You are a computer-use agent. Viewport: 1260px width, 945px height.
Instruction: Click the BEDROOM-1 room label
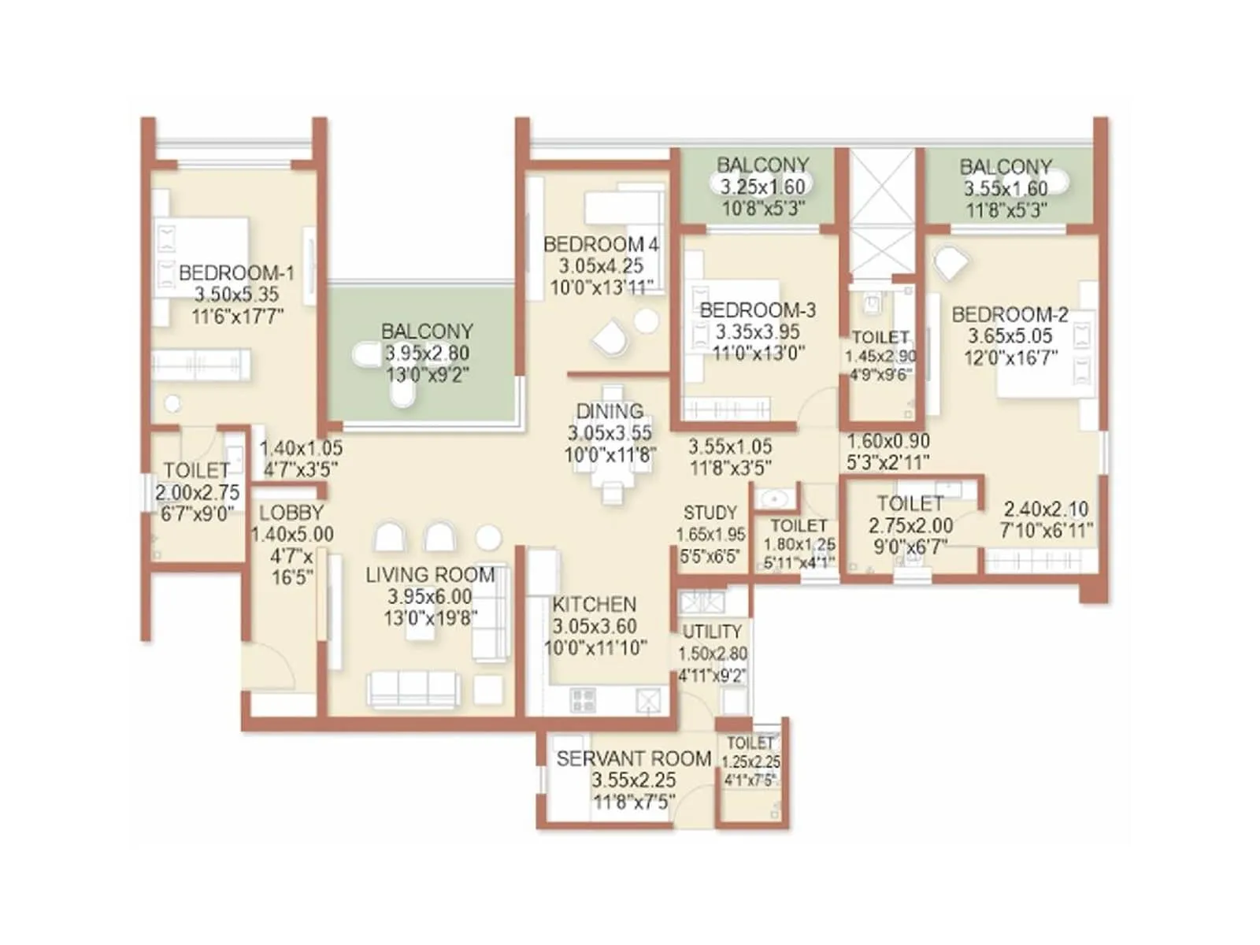pos(236,273)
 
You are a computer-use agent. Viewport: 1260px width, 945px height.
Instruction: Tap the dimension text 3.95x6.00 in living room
pos(429,597)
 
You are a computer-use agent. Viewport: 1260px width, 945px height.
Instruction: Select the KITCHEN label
pos(594,605)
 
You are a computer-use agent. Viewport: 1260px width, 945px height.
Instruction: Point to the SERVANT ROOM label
pos(633,759)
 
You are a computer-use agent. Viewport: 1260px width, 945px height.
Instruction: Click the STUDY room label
pos(710,513)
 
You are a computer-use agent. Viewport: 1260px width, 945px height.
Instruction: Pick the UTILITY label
pos(712,632)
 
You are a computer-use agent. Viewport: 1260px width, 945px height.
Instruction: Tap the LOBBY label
pos(291,513)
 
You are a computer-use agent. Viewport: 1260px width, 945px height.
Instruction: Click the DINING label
pos(610,411)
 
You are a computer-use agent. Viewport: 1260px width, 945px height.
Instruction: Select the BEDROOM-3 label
pos(757,310)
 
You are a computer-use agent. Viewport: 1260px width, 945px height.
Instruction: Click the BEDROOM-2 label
pos(1010,315)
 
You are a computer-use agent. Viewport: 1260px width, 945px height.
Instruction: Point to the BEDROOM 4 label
pos(601,245)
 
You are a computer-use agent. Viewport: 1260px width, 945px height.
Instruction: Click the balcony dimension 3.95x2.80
pos(427,354)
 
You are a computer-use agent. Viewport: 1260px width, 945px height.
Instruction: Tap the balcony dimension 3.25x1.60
pos(762,187)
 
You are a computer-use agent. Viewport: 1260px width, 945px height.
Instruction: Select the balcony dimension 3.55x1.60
pos(1006,189)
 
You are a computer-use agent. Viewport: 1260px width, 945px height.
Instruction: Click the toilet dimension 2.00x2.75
pos(197,493)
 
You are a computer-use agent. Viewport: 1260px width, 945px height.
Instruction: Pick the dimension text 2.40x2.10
pos(1046,510)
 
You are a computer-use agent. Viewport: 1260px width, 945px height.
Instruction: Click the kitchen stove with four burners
pos(584,700)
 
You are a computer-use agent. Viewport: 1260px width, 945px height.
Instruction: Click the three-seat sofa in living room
pos(413,689)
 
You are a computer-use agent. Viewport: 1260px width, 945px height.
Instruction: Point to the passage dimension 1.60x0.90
pos(888,441)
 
